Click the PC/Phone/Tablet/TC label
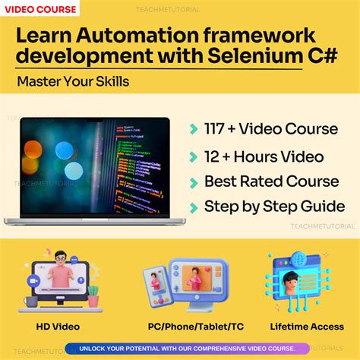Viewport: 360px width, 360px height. pyautogui.click(x=185, y=327)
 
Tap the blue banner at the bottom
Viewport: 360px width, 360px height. pyautogui.click(x=180, y=348)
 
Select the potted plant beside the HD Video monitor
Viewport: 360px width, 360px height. pyautogui.click(x=93, y=295)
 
